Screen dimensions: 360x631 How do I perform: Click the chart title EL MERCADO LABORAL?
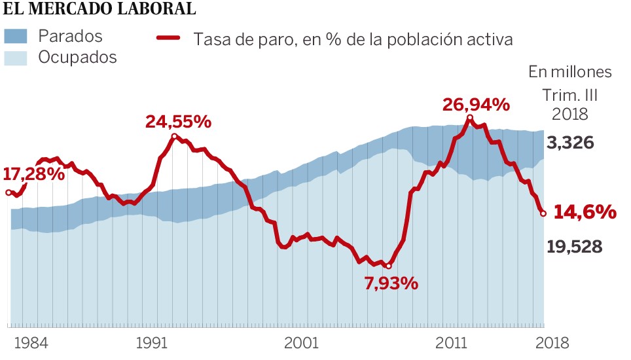[99, 9]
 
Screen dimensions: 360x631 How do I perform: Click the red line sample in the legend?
[168, 37]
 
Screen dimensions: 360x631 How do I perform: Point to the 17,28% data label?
[34, 175]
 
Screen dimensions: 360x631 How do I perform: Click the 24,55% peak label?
[178, 121]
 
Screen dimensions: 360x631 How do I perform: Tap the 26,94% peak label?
[476, 105]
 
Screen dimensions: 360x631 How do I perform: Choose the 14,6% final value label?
[585, 213]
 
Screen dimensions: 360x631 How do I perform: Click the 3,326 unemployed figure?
[570, 143]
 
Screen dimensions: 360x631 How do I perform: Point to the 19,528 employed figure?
[574, 247]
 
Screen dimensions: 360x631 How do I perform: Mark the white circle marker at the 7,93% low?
[388, 266]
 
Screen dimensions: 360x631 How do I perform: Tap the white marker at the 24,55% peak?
[174, 137]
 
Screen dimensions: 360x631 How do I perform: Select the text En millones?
[570, 71]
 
